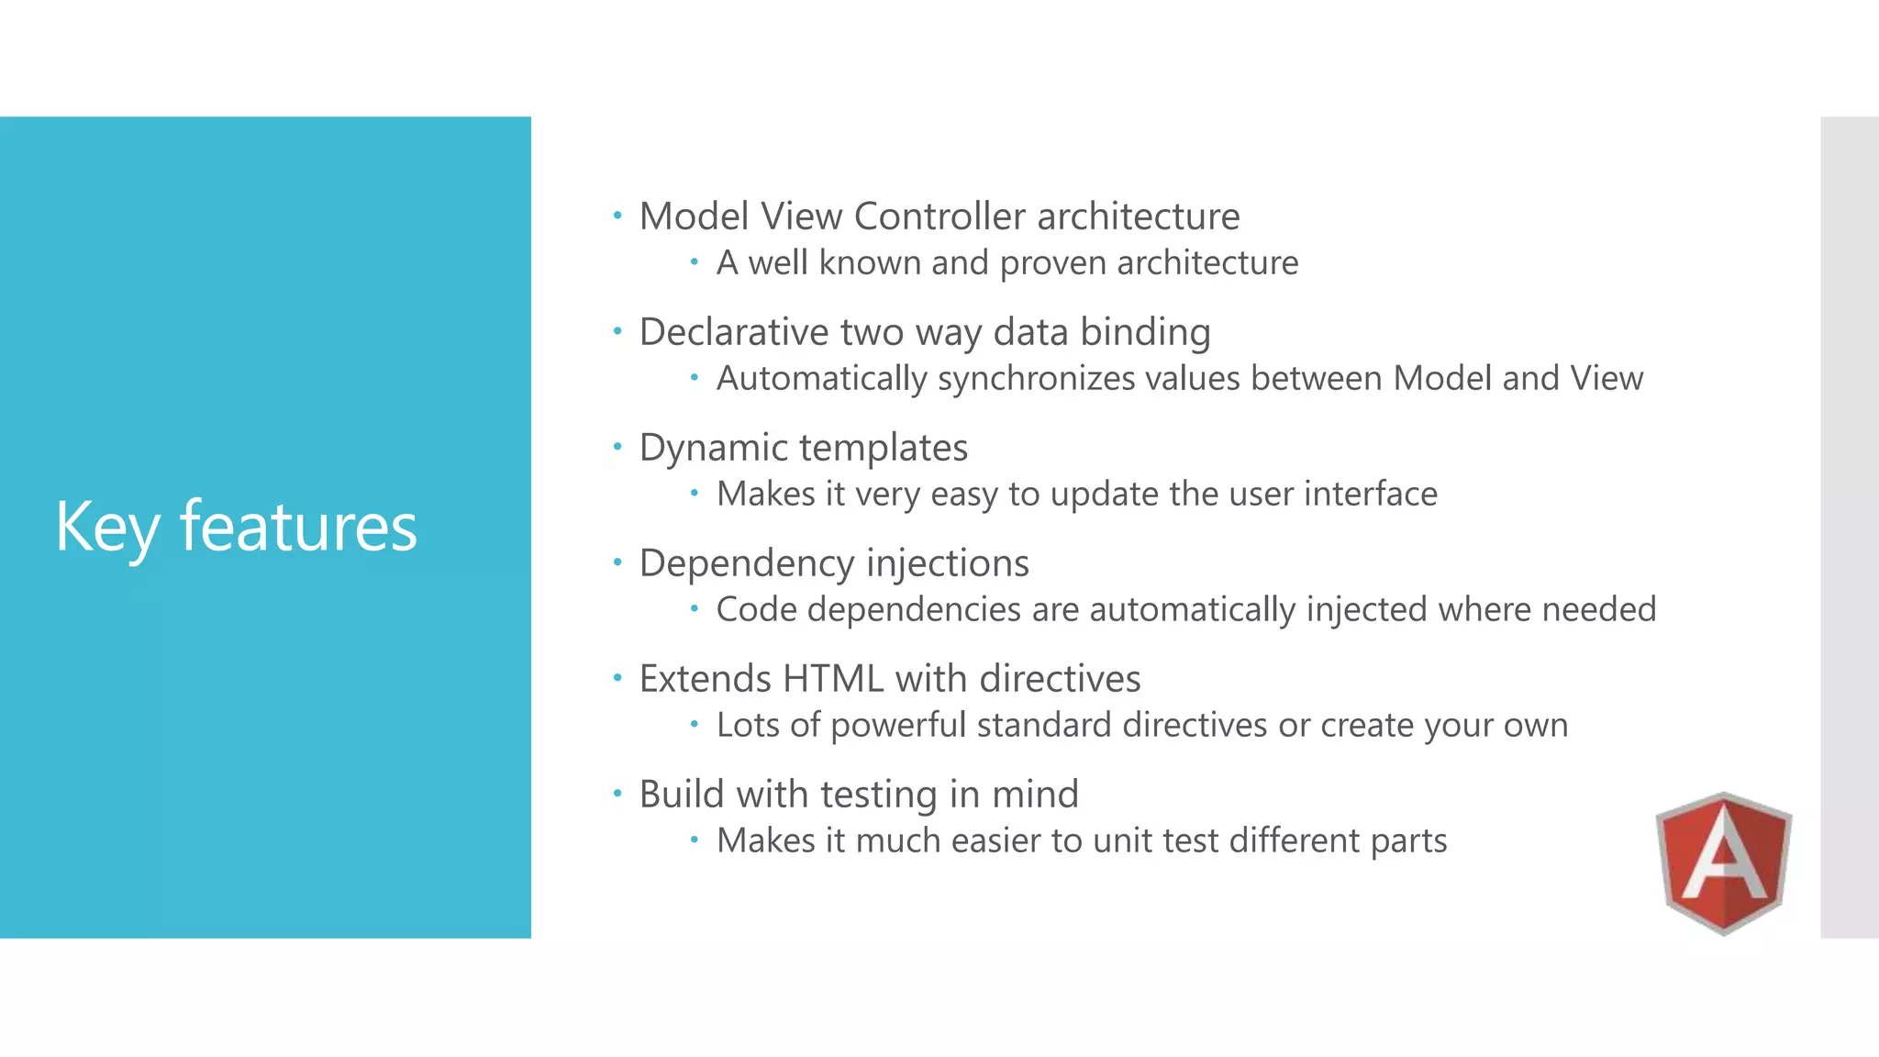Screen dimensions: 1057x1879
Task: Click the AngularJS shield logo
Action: [1723, 862]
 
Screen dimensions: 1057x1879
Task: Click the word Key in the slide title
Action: [106, 528]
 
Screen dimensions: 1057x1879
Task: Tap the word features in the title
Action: [298, 528]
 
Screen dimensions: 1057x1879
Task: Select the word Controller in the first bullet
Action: [939, 217]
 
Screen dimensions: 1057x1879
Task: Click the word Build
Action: [682, 795]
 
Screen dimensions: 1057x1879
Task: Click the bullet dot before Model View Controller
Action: [617, 216]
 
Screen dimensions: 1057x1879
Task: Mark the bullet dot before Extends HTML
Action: [617, 678]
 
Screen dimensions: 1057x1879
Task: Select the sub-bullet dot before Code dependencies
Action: [695, 607]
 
